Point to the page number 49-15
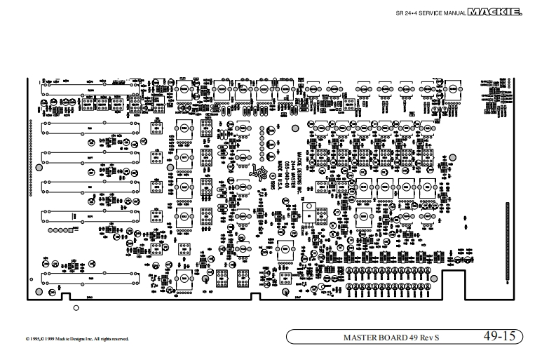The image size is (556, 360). click(499, 336)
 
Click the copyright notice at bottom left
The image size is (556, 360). click(68, 339)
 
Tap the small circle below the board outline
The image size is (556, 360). click(76, 307)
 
